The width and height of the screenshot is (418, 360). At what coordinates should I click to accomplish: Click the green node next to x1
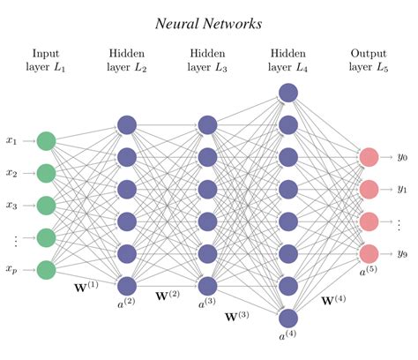pos(47,140)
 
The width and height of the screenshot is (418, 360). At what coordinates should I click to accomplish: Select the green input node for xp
pos(47,269)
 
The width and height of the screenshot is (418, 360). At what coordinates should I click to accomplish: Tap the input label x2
pos(11,173)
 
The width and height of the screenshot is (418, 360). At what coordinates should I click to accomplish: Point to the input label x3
pos(11,206)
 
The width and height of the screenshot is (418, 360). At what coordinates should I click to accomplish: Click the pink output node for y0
pos(369,157)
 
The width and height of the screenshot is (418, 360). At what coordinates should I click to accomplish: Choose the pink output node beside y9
pos(369,253)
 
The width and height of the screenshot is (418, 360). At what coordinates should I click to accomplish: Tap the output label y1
pos(402,189)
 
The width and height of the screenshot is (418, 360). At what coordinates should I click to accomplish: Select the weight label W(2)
pos(168,295)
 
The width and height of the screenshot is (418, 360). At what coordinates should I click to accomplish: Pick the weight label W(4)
pos(334,301)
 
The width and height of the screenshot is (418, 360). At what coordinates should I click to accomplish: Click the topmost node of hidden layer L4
pos(288,92)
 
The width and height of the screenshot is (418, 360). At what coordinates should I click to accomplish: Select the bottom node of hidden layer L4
pos(288,318)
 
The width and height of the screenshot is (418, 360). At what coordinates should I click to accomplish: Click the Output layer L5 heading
pos(369,60)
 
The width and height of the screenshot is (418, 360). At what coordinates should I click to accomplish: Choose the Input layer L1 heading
pos(46,60)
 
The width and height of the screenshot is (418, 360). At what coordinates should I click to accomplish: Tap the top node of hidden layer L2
pos(127,124)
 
